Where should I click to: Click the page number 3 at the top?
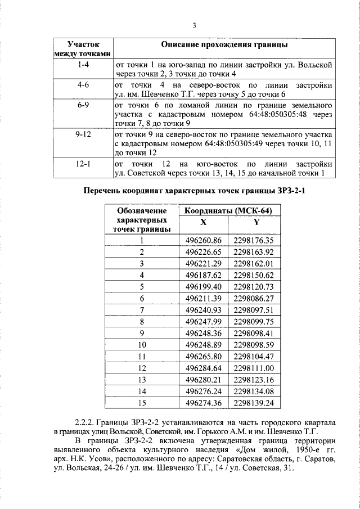tap(193, 25)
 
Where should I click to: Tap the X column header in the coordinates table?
tap(203, 222)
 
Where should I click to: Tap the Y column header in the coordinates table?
tap(256, 222)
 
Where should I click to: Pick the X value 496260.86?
tap(204, 240)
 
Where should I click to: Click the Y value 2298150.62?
tap(253, 274)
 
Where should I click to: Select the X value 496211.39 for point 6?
tap(204, 298)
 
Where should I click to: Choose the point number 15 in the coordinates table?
tap(142, 403)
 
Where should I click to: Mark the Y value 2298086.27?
tap(253, 298)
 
